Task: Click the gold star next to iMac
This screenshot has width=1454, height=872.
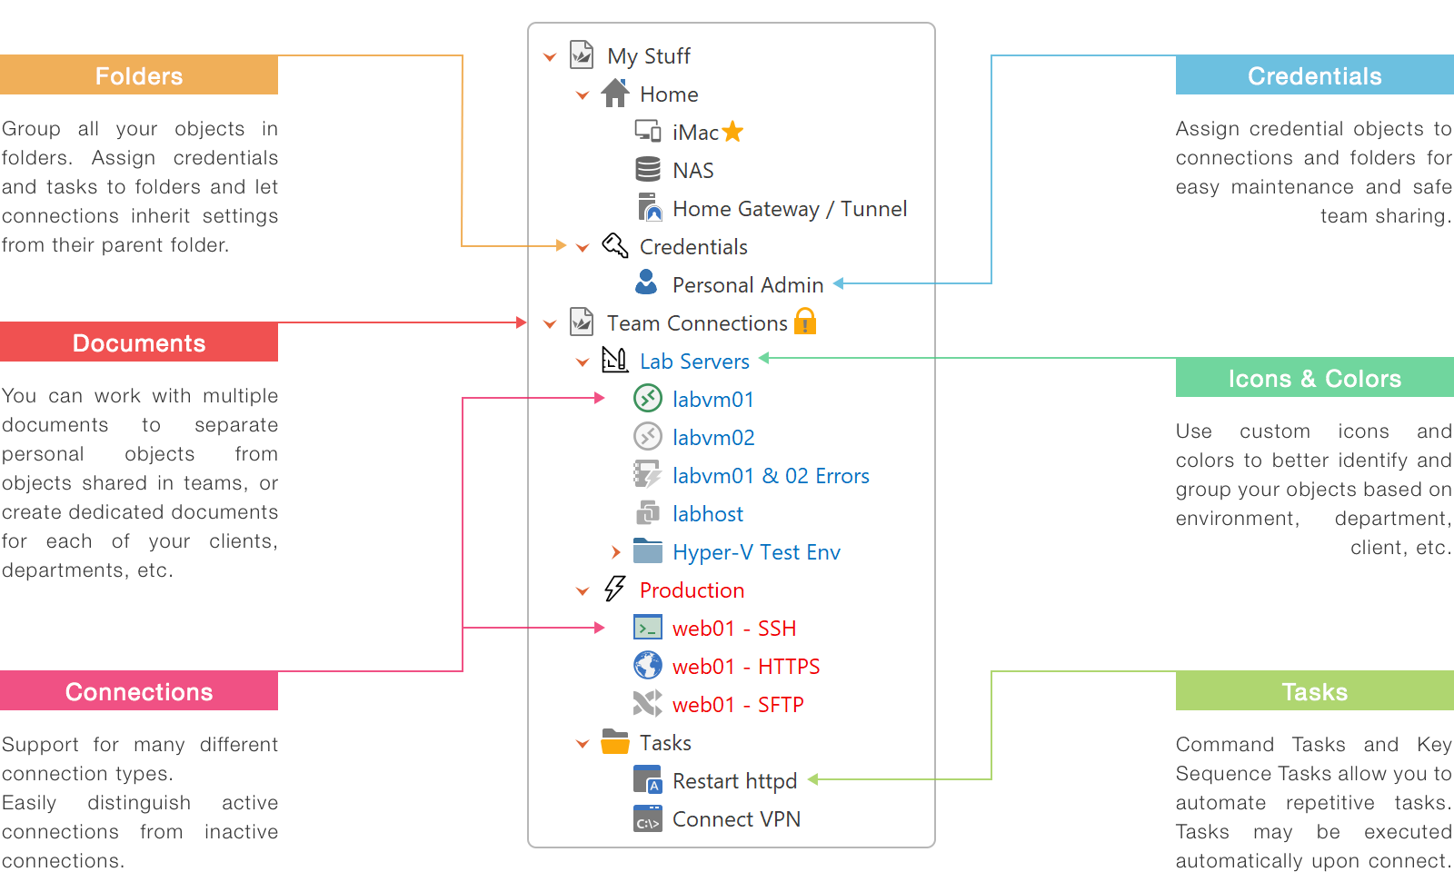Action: click(x=732, y=133)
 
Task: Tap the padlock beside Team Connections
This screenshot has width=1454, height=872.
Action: click(x=805, y=322)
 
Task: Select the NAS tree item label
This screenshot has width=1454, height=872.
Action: click(x=692, y=171)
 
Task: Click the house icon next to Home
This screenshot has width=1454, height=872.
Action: click(x=615, y=93)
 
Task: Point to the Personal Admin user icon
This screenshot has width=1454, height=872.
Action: click(x=646, y=282)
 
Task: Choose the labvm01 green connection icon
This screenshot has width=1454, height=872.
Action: click(x=647, y=398)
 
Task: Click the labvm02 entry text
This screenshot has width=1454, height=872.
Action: click(x=713, y=438)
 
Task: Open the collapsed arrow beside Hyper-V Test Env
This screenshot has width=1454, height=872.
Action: click(x=616, y=552)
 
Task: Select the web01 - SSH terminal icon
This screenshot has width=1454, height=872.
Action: click(x=647, y=628)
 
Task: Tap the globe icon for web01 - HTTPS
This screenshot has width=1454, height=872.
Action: click(x=647, y=666)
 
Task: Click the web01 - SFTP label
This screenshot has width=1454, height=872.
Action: click(x=738, y=705)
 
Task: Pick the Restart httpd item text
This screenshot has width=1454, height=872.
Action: click(x=734, y=781)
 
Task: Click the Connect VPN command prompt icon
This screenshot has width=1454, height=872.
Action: click(x=647, y=819)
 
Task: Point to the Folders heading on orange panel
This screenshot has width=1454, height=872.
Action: click(x=139, y=76)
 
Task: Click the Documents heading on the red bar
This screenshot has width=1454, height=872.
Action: click(x=139, y=343)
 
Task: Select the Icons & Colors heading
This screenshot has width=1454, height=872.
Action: click(x=1314, y=379)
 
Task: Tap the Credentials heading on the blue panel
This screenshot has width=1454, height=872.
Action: click(x=1314, y=76)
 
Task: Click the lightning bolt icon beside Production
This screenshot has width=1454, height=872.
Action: click(x=615, y=590)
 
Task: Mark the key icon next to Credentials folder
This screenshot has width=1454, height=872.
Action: click(x=615, y=245)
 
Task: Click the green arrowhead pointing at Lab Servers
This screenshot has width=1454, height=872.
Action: click(x=764, y=358)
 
